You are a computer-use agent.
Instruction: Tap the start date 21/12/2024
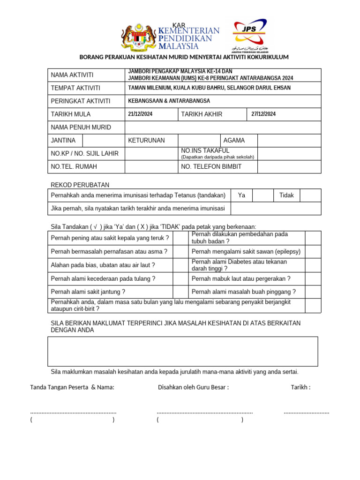pyautogui.click(x=140, y=114)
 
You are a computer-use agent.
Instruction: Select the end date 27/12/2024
pyautogui.click(x=263, y=114)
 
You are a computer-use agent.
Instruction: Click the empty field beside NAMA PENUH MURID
pyautogui.click(x=223, y=127)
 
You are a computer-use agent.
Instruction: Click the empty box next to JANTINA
pyautogui.click(x=104, y=140)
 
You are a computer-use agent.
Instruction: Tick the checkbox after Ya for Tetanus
pyautogui.click(x=263, y=195)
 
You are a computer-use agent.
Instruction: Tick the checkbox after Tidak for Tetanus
pyautogui.click(x=311, y=195)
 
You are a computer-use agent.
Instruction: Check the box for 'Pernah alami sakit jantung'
pyautogui.click(x=180, y=292)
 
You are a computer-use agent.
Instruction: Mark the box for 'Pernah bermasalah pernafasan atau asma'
pyautogui.click(x=180, y=252)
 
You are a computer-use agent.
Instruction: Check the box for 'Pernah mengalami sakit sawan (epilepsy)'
pyautogui.click(x=313, y=252)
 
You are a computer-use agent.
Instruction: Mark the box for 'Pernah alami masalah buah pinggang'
pyautogui.click(x=313, y=292)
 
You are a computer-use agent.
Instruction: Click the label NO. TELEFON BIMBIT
pyautogui.click(x=211, y=166)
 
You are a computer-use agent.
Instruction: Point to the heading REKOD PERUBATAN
pyautogui.click(x=80, y=185)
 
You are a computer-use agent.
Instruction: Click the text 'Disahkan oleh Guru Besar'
pyautogui.click(x=193, y=387)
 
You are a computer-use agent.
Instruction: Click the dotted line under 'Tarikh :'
pyautogui.click(x=306, y=412)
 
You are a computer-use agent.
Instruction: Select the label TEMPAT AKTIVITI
pyautogui.click(x=75, y=88)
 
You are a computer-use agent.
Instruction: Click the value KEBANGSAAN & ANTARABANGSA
pyautogui.click(x=169, y=101)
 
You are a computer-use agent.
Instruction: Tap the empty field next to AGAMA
pyautogui.click(x=289, y=140)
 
